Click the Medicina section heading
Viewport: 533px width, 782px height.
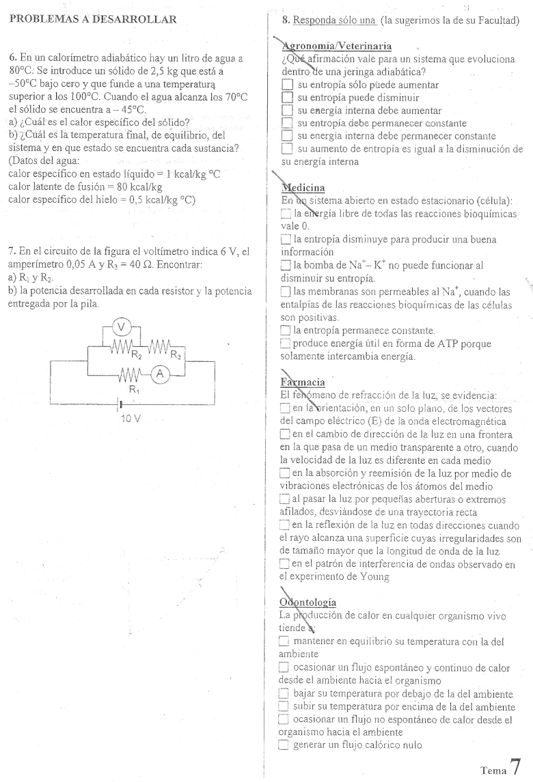pyautogui.click(x=302, y=187)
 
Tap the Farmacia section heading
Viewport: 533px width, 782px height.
pyautogui.click(x=303, y=382)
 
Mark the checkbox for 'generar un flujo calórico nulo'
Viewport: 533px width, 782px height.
pyautogui.click(x=284, y=745)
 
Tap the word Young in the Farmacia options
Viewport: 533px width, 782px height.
pyautogui.click(x=373, y=578)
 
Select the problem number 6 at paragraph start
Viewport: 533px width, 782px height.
pyautogui.click(x=12, y=58)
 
